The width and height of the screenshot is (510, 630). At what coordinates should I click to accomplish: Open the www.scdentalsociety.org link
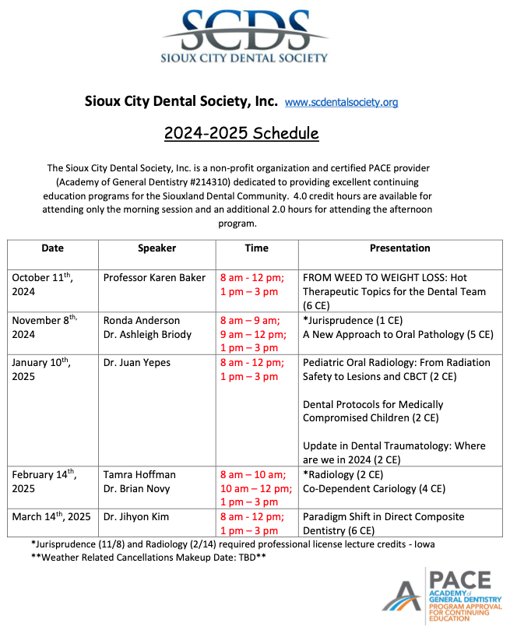(342, 102)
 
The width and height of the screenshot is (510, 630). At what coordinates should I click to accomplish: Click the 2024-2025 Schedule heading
(241, 133)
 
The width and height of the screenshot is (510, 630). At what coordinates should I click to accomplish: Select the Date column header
(53, 248)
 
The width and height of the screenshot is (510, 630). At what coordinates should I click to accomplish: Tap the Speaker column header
(157, 248)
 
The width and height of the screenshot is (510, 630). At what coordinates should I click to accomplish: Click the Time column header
(256, 248)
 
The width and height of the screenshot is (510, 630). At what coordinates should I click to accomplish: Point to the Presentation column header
(399, 248)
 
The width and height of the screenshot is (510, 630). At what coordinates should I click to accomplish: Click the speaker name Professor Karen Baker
(154, 278)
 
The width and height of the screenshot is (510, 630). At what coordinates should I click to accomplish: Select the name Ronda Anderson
(141, 320)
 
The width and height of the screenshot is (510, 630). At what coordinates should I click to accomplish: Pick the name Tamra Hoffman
(139, 474)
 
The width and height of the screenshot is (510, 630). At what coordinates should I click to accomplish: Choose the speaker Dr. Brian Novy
(137, 488)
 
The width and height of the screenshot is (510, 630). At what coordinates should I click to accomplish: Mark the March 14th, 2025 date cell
(51, 517)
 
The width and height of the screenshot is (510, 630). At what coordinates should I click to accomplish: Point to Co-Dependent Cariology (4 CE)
(374, 488)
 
